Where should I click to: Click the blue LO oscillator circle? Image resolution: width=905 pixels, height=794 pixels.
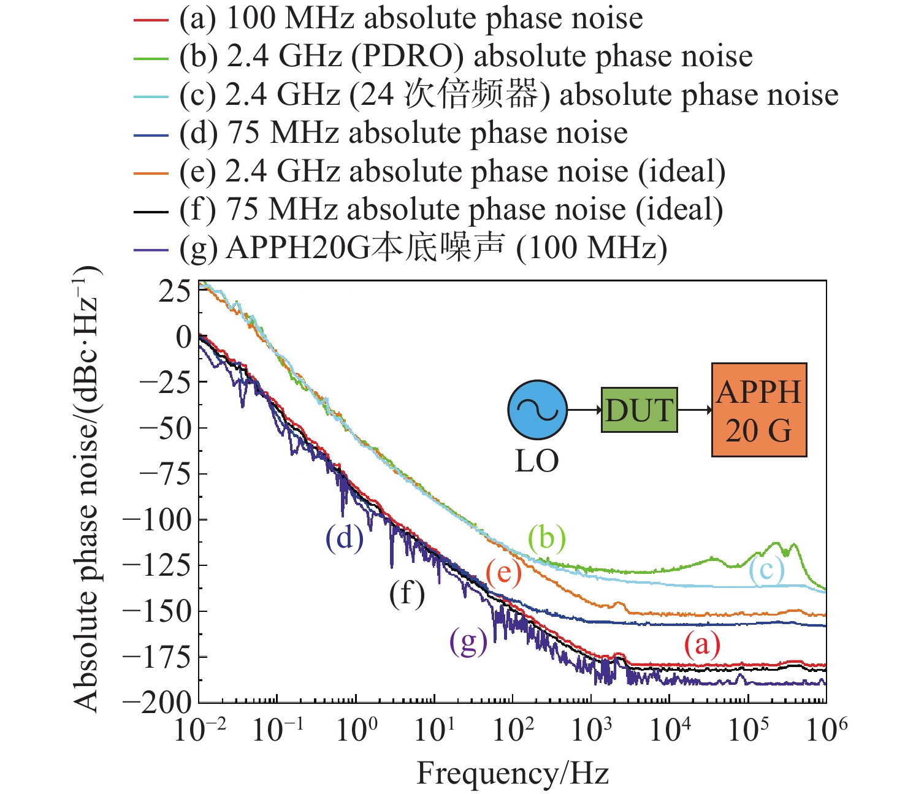pyautogui.click(x=537, y=410)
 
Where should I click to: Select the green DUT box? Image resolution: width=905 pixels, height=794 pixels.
pyautogui.click(x=639, y=410)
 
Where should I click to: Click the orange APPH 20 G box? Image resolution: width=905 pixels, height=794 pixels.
pyautogui.click(x=758, y=410)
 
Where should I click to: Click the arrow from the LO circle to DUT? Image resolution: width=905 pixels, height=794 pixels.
pyautogui.click(x=584, y=410)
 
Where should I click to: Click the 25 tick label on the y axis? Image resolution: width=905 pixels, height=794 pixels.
pyautogui.click(x=175, y=292)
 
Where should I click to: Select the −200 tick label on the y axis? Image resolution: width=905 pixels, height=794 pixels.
pyautogui.click(x=157, y=703)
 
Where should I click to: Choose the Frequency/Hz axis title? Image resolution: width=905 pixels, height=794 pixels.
pyautogui.click(x=513, y=774)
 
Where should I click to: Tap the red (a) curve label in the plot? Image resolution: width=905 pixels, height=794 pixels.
pyautogui.click(x=702, y=644)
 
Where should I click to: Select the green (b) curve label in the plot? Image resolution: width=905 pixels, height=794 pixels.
pyautogui.click(x=547, y=538)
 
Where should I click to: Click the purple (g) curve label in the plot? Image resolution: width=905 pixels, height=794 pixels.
pyautogui.click(x=468, y=642)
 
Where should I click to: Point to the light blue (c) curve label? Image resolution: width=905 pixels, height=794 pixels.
pyautogui.click(x=766, y=570)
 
